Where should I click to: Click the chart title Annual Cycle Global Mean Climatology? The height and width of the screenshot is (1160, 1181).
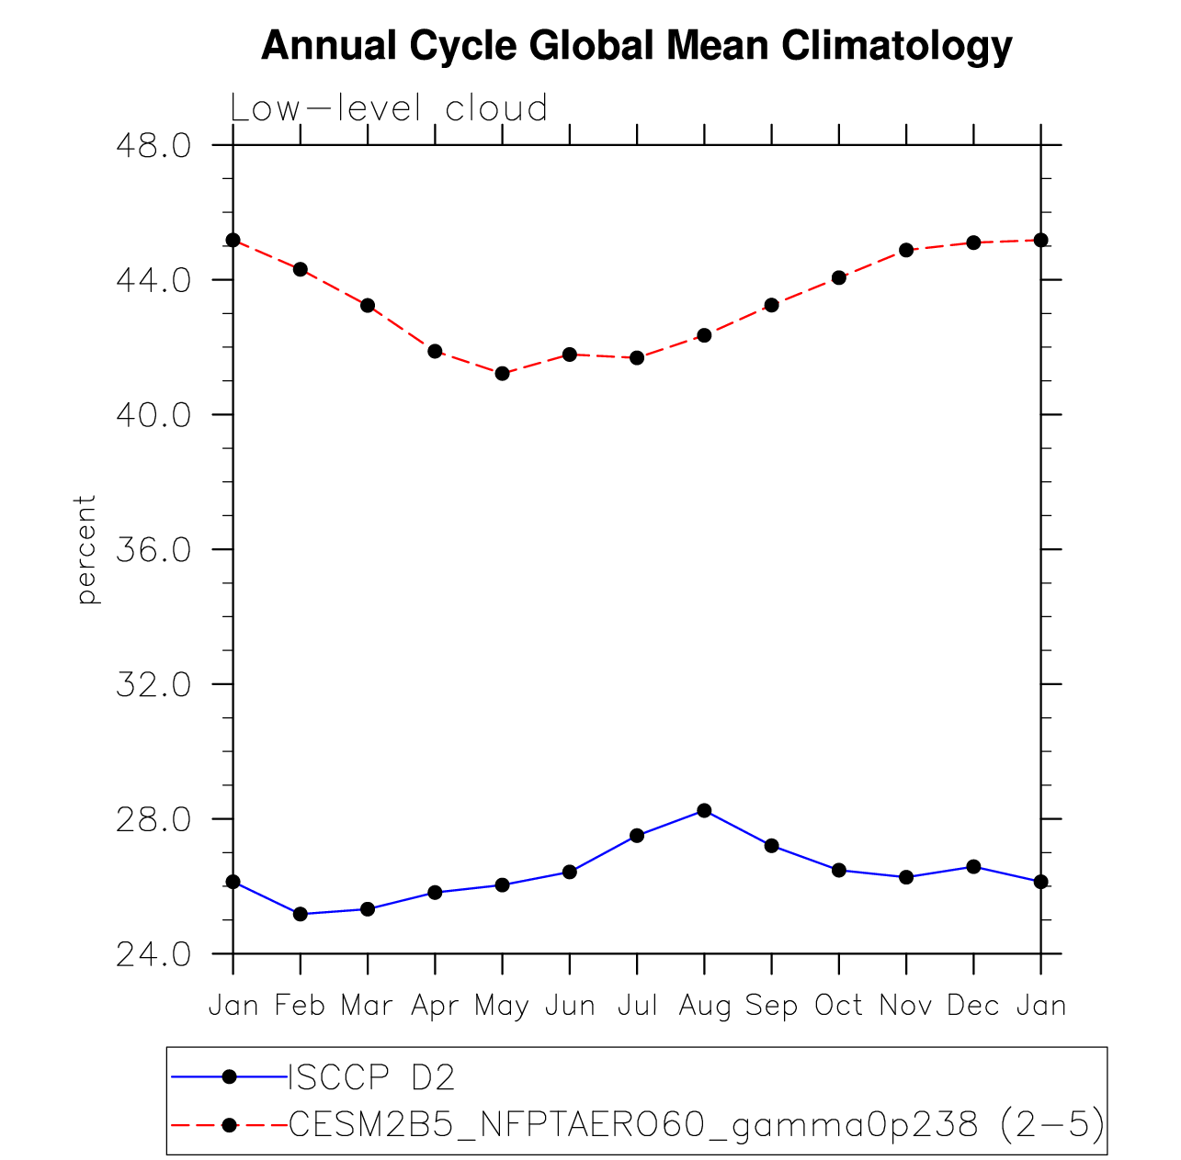pyautogui.click(x=636, y=46)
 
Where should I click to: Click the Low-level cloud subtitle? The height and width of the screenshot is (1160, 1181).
pyautogui.click(x=389, y=108)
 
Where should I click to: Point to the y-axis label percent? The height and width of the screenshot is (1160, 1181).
pyautogui.click(x=86, y=549)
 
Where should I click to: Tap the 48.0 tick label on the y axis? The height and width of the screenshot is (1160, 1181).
pyautogui.click(x=153, y=146)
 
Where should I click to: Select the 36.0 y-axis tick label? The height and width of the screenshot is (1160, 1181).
pyautogui.click(x=153, y=550)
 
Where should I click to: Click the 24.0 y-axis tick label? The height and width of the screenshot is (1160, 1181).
pyautogui.click(x=153, y=955)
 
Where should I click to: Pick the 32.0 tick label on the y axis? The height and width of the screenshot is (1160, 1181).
pyautogui.click(x=153, y=685)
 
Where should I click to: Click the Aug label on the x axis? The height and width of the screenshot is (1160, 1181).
pyautogui.click(x=704, y=1007)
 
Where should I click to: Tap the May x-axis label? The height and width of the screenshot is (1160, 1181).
pyautogui.click(x=502, y=1007)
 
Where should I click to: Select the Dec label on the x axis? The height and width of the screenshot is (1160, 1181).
pyautogui.click(x=973, y=1007)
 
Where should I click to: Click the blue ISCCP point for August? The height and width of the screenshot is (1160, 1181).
pyautogui.click(x=704, y=810)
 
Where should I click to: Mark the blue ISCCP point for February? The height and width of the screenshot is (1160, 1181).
pyautogui.click(x=300, y=914)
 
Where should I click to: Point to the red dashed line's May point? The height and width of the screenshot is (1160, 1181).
pyautogui.click(x=502, y=373)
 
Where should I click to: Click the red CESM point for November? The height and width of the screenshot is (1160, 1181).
pyautogui.click(x=906, y=250)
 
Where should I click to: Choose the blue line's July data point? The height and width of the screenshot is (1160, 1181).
pyautogui.click(x=637, y=835)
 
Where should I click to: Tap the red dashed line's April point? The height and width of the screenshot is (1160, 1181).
pyautogui.click(x=435, y=351)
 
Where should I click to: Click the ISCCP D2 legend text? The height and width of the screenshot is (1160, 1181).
pyautogui.click(x=371, y=1077)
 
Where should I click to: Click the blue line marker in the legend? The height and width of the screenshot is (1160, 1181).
pyautogui.click(x=230, y=1076)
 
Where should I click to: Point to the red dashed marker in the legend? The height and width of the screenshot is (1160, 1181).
pyautogui.click(x=230, y=1124)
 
